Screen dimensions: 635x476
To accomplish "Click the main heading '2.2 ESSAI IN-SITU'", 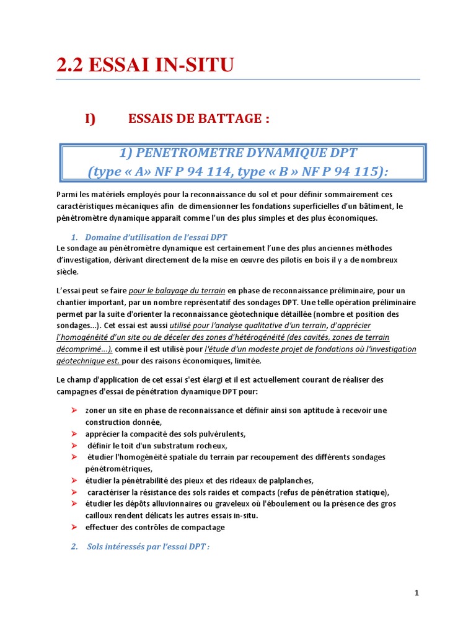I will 145,64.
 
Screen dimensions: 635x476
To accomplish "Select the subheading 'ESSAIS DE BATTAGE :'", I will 198,118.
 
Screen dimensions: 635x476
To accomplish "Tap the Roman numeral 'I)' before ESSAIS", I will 91,118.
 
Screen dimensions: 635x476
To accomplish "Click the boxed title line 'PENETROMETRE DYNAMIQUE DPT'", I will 242,153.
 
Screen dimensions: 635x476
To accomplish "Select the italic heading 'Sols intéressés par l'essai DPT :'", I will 148,547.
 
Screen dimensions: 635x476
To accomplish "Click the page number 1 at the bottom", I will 417,593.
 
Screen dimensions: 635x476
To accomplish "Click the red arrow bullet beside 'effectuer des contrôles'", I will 74,527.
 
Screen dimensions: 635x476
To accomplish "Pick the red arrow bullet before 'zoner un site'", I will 74,411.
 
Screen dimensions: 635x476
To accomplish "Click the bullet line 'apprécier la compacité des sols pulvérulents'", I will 165,433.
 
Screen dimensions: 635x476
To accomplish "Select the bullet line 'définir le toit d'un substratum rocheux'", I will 157,445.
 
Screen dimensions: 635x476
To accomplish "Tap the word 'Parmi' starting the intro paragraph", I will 66,195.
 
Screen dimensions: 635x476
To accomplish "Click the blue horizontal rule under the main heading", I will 238,79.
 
